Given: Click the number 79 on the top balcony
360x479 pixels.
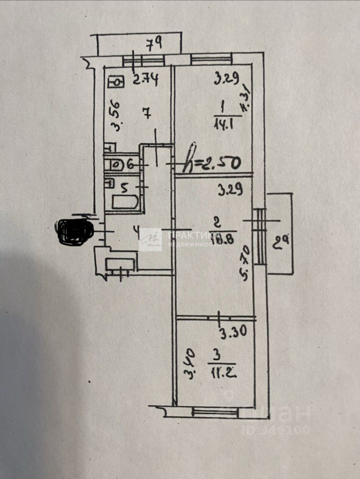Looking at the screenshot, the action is pos(154,44).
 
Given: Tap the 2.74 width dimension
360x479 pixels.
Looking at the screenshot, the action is pos(145,79).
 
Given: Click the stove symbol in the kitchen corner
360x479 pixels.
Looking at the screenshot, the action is pos(116,81).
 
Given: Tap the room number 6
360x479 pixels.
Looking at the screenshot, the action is pos(131,163).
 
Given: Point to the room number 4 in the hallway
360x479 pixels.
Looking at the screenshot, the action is pos(136,231).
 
